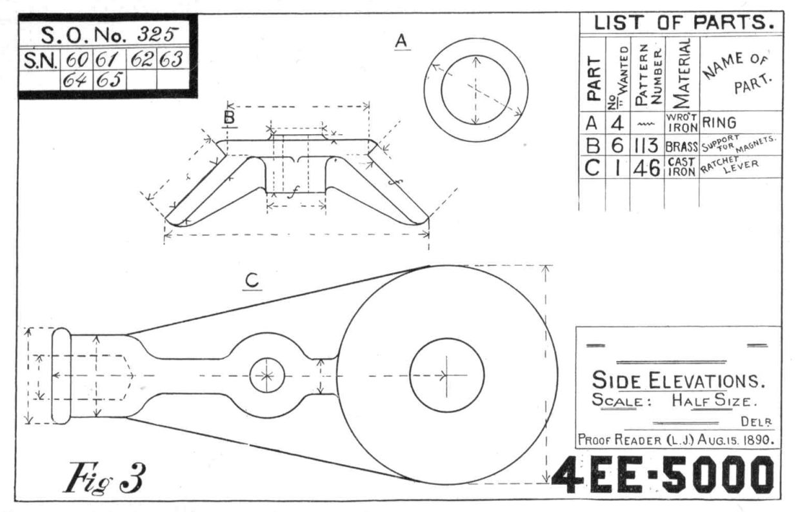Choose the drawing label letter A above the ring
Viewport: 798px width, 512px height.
pyautogui.click(x=401, y=41)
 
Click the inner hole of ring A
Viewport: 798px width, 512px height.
pyautogui.click(x=476, y=90)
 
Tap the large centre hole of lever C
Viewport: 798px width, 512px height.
pyautogui.click(x=446, y=375)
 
